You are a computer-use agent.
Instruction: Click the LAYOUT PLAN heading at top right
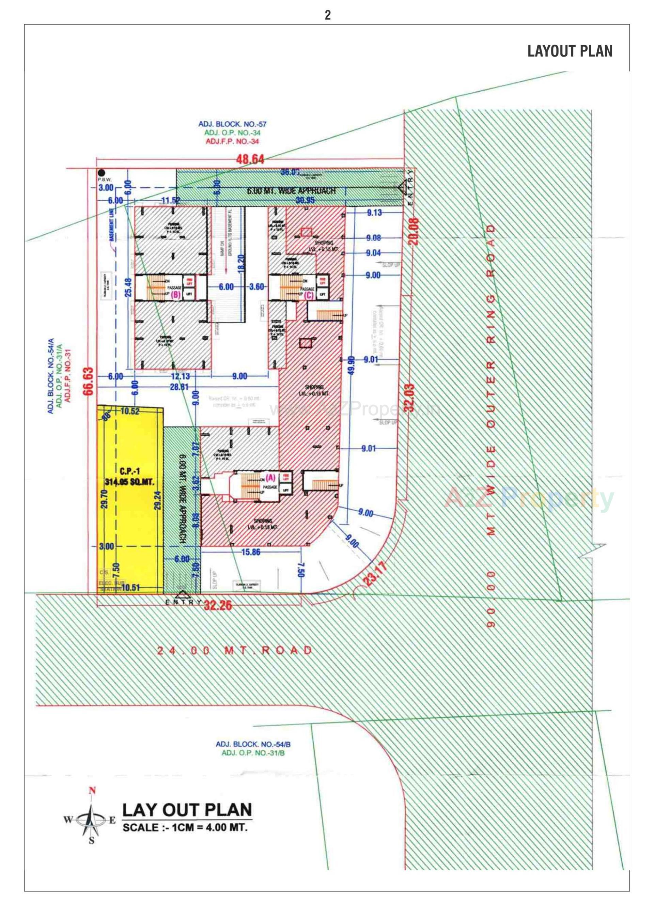tap(570, 51)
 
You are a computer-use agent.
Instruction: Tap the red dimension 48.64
tap(250, 159)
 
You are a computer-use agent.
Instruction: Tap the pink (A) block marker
tap(270, 478)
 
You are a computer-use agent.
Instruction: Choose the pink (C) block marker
tap(309, 294)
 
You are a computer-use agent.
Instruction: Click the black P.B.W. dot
tap(102, 173)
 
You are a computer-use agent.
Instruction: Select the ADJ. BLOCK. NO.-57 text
tap(232, 124)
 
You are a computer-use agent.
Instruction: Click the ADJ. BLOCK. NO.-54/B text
tap(253, 744)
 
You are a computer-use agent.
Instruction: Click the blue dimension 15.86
tap(250, 552)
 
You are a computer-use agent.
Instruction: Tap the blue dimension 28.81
tap(179, 387)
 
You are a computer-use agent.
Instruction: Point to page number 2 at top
tap(327, 15)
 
